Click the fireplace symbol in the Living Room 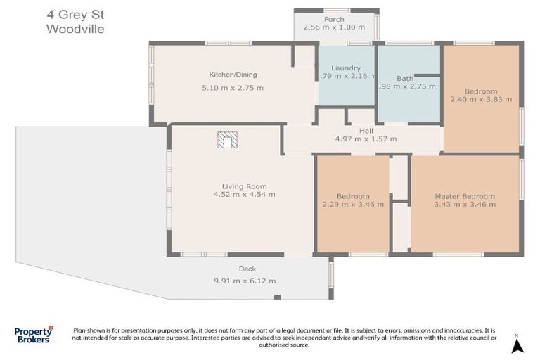pyautogui.click(x=227, y=140)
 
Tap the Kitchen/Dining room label pyautogui.click(x=233, y=75)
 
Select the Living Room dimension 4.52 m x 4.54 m pyautogui.click(x=244, y=195)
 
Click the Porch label pyautogui.click(x=334, y=19)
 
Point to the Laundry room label pyautogui.click(x=346, y=68)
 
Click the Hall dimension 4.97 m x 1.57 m pyautogui.click(x=366, y=139)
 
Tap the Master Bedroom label pyautogui.click(x=464, y=196)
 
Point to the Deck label pyautogui.click(x=247, y=269)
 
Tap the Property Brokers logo pyautogui.click(x=34, y=335)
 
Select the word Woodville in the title pyautogui.click(x=75, y=29)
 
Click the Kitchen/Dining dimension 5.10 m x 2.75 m pyautogui.click(x=233, y=88)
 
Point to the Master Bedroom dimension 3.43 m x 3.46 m pyautogui.click(x=464, y=205)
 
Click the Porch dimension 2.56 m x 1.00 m pyautogui.click(x=334, y=27)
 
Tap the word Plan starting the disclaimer pyautogui.click(x=81, y=330)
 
